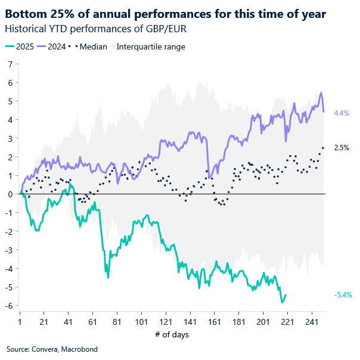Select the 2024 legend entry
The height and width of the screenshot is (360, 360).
tap(49, 46)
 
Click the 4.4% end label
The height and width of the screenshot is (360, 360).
tap(342, 113)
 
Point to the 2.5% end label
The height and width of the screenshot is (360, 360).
tap(342, 147)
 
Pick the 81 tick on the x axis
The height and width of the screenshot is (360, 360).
tap(117, 322)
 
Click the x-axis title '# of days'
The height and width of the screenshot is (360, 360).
tap(172, 334)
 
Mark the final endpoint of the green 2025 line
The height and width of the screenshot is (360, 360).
tap(285, 294)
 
